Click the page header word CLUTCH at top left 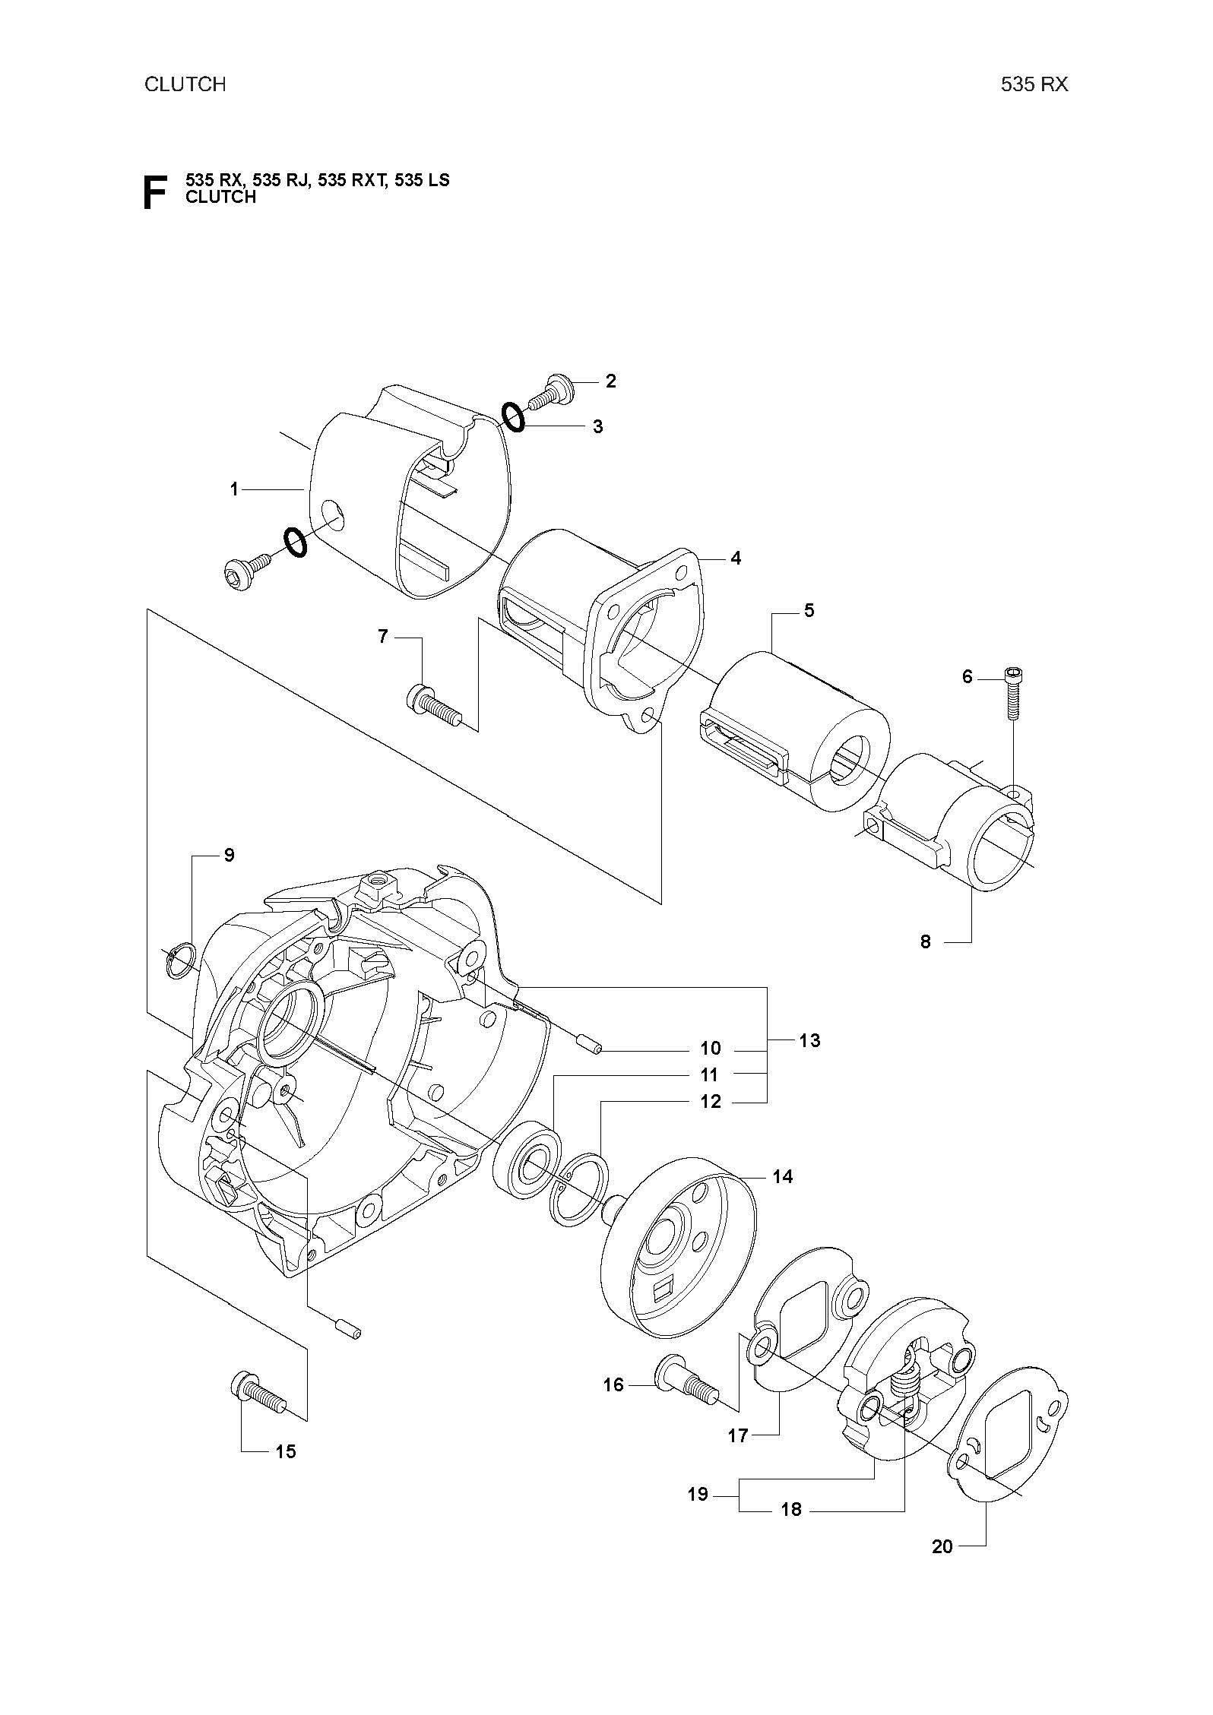[185, 84]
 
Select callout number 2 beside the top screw [611, 381]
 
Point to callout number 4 [735, 558]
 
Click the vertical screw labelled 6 [1012, 692]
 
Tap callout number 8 [925, 941]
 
